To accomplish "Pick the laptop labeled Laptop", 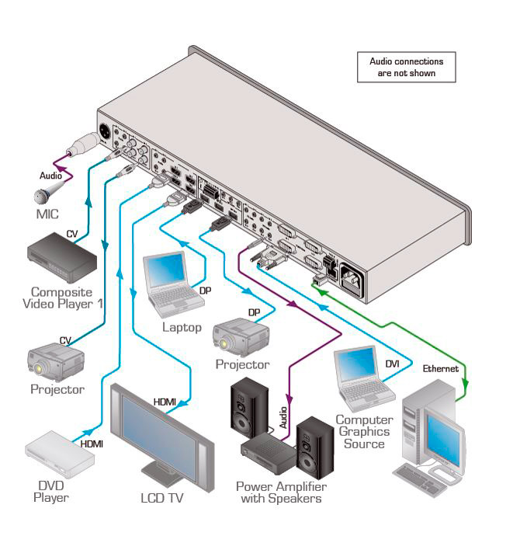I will tap(171, 284).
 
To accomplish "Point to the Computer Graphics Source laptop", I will tap(361, 380).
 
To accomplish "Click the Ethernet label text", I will tap(441, 369).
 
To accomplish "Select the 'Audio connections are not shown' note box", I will tap(406, 68).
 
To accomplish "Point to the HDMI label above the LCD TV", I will tap(165, 402).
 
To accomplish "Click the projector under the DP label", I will tap(240, 337).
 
